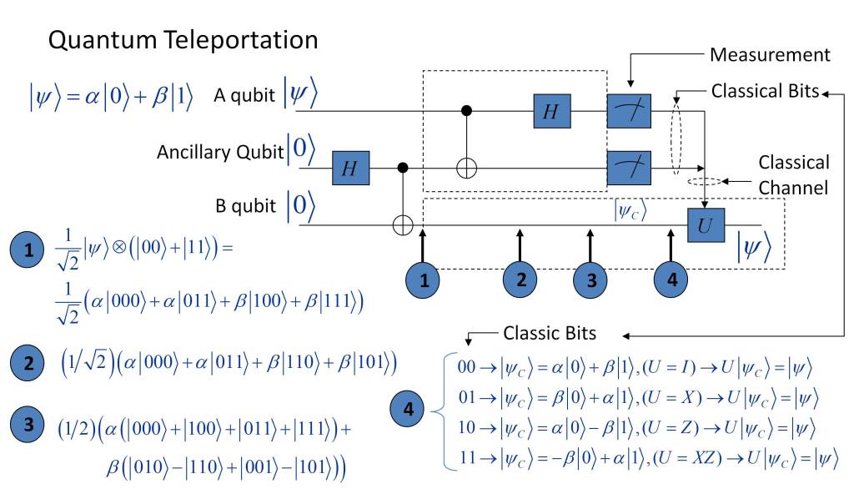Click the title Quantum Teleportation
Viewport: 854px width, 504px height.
183,40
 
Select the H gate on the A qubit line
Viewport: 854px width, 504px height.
551,111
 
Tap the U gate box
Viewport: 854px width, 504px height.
706,224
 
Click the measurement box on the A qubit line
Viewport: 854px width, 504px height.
629,112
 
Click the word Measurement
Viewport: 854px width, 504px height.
769,55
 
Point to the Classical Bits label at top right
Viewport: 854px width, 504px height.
765,90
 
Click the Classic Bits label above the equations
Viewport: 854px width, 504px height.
550,333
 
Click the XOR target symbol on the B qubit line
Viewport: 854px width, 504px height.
404,224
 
